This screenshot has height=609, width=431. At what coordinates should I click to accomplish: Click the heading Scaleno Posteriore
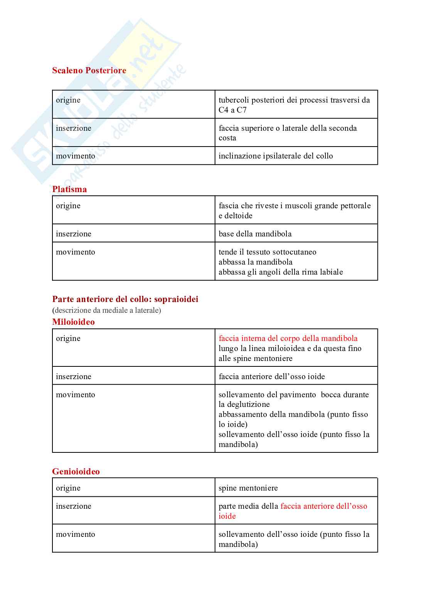[89, 70]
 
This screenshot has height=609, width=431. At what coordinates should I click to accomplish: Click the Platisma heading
[69, 189]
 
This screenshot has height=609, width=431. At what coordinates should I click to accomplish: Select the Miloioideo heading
[73, 322]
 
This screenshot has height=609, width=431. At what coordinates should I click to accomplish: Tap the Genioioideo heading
[76, 471]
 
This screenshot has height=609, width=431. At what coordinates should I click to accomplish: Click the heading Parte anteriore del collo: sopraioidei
[125, 299]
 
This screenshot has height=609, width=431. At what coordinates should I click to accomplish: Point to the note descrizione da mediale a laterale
[107, 310]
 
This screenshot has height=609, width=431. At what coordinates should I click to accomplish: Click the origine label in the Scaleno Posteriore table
[68, 100]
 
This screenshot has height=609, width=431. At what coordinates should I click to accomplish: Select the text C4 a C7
[232, 110]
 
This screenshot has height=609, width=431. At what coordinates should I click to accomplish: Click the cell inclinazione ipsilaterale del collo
[276, 156]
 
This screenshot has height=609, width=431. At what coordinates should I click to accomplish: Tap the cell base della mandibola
[255, 234]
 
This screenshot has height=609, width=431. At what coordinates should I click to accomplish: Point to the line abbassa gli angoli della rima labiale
[281, 272]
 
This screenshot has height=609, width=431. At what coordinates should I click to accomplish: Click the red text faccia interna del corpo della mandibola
[288, 338]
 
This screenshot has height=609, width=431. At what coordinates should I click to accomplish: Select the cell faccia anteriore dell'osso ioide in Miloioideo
[271, 376]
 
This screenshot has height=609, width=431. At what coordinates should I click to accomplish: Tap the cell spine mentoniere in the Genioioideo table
[248, 488]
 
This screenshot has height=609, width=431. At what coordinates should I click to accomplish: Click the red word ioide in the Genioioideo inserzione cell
[227, 516]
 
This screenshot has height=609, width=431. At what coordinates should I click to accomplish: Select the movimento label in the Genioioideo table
[76, 534]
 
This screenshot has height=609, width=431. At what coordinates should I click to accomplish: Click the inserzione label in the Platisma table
[74, 234]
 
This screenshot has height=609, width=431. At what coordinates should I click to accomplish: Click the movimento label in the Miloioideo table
[76, 395]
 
